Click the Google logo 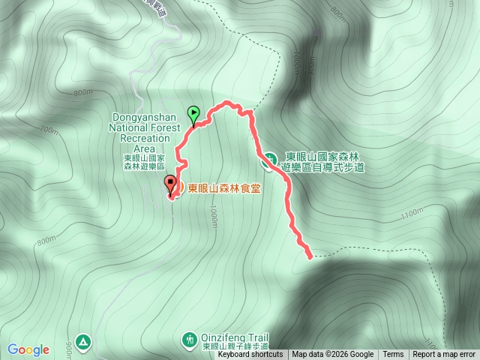(x=28, y=349)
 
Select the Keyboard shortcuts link (x=250, y=355)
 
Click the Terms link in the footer (x=393, y=355)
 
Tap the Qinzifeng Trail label (x=235, y=338)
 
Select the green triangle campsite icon (x=83, y=342)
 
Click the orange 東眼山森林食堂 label (x=224, y=189)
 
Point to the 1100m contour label (x=412, y=215)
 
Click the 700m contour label (x=49, y=130)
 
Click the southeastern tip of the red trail (x=310, y=256)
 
